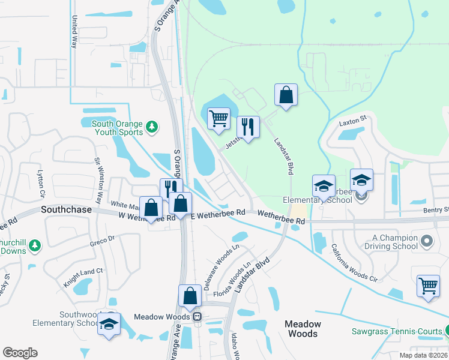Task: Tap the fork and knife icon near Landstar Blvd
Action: point(248,127)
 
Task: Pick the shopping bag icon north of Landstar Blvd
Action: point(286,94)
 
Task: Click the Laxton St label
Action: point(355,121)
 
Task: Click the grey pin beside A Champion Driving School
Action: point(427,241)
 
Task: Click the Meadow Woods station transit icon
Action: point(196,316)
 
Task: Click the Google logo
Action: point(20,352)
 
